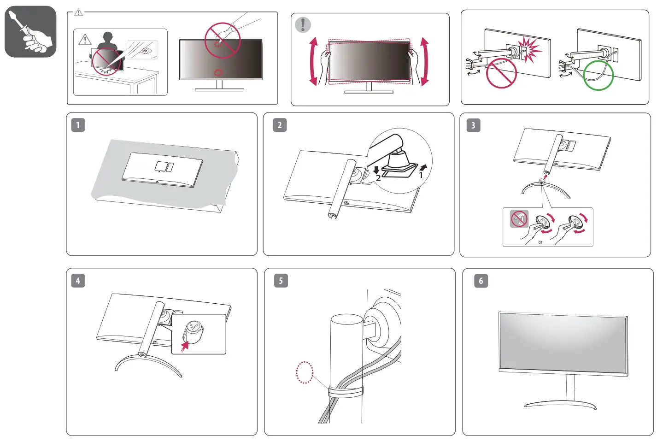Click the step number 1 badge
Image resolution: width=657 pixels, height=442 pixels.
[x=78, y=125]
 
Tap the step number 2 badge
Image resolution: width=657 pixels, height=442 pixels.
[x=280, y=125]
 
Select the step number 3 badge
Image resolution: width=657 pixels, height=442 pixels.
[x=473, y=125]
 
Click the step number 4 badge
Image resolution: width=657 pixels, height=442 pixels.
[x=78, y=280]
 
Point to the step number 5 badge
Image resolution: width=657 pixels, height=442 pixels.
[x=281, y=281]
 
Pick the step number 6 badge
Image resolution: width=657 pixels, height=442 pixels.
[x=481, y=281]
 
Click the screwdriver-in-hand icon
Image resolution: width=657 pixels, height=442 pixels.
[x=30, y=32]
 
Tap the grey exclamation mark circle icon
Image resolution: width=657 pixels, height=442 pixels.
[x=303, y=24]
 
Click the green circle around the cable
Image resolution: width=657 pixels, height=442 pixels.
[x=598, y=76]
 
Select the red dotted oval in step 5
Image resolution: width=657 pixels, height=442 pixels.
[x=305, y=372]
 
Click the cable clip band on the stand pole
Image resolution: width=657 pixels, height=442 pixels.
[x=345, y=392]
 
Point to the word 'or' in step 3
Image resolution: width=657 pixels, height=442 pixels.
[x=540, y=242]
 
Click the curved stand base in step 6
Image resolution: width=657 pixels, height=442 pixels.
[x=560, y=405]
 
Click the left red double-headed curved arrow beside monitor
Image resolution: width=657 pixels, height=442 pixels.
[x=314, y=62]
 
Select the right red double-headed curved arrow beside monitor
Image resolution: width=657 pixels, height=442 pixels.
[x=424, y=62]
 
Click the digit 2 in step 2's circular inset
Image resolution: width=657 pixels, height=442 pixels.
[x=378, y=178]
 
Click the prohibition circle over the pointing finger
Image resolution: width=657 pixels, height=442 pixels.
[x=223, y=40]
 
